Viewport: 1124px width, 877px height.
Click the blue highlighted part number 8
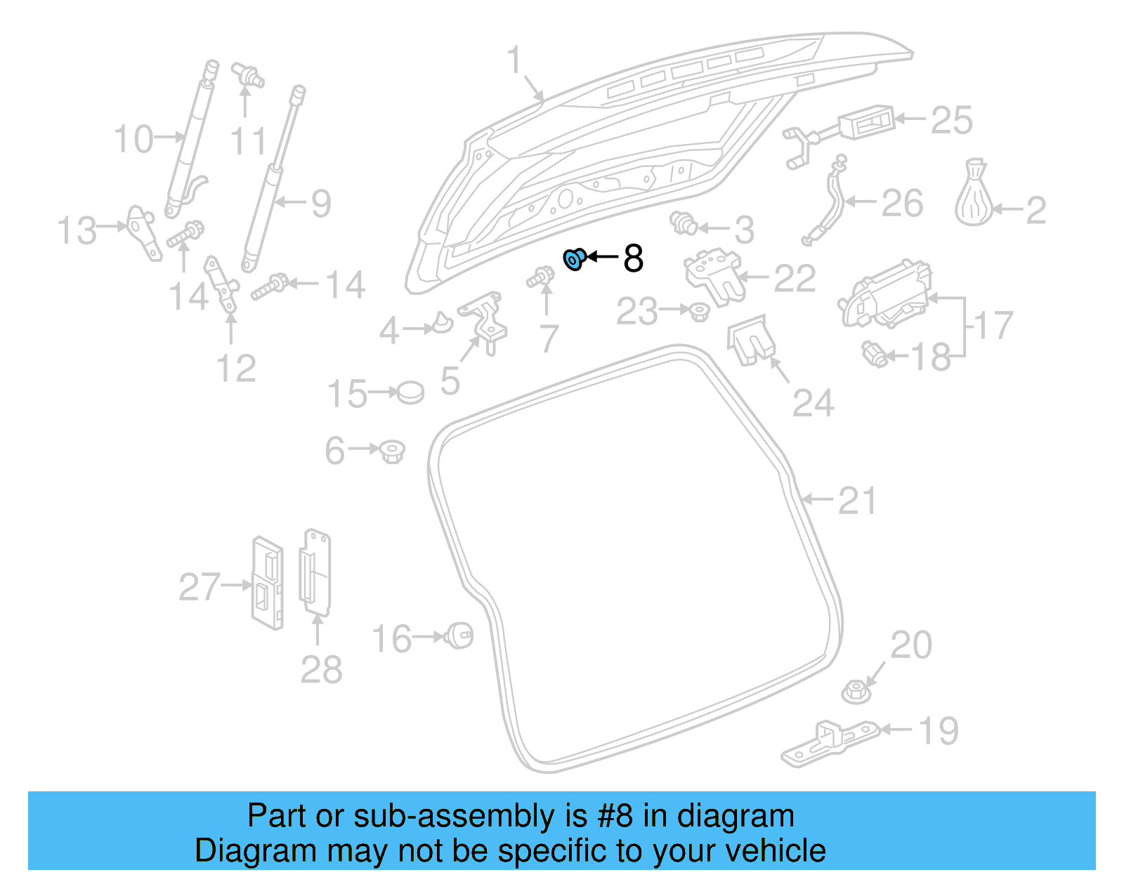coord(575,259)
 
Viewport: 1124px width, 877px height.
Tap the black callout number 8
coord(633,258)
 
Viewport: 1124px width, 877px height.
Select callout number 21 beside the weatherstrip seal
coord(858,501)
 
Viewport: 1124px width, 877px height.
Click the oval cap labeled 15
coord(410,393)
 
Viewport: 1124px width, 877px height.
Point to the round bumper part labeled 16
coord(460,635)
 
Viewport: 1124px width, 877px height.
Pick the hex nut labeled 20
coord(856,691)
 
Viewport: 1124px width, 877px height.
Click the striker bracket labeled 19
coord(829,744)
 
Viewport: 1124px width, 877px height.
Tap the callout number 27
coord(200,587)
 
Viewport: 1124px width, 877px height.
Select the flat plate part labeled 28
coord(315,572)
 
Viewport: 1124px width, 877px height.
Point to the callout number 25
coord(952,121)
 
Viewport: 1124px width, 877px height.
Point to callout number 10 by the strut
coord(133,139)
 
